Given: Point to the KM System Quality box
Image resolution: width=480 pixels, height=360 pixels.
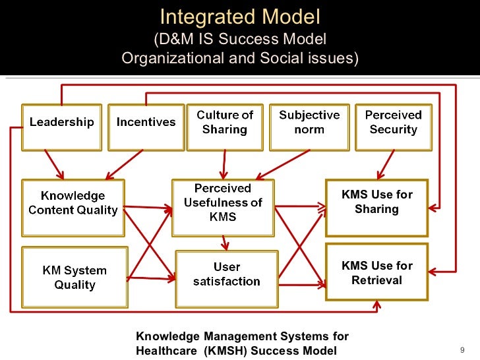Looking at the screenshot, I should (x=75, y=278).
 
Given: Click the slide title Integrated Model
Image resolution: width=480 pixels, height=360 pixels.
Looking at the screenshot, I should (x=240, y=16).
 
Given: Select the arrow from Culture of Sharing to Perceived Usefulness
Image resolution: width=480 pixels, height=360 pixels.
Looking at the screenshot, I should (x=225, y=165).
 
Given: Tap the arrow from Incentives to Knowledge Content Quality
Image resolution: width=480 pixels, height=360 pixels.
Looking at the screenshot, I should (x=125, y=164).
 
